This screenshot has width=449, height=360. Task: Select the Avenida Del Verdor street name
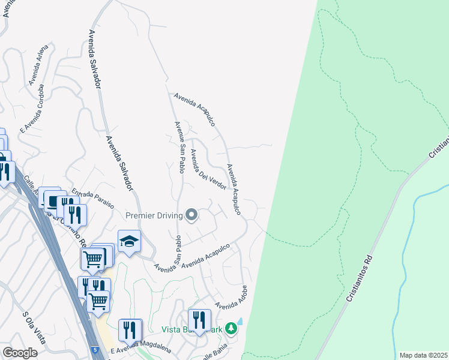(208, 169)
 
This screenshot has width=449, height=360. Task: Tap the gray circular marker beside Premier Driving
(191, 214)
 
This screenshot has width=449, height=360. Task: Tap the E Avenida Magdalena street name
(140, 346)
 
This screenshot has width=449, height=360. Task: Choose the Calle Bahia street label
(223, 352)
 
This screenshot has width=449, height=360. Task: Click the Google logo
(19, 353)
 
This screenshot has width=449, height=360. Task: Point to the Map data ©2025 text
(423, 355)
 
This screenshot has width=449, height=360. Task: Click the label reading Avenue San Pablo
(178, 147)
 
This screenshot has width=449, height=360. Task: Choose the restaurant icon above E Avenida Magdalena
(130, 329)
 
